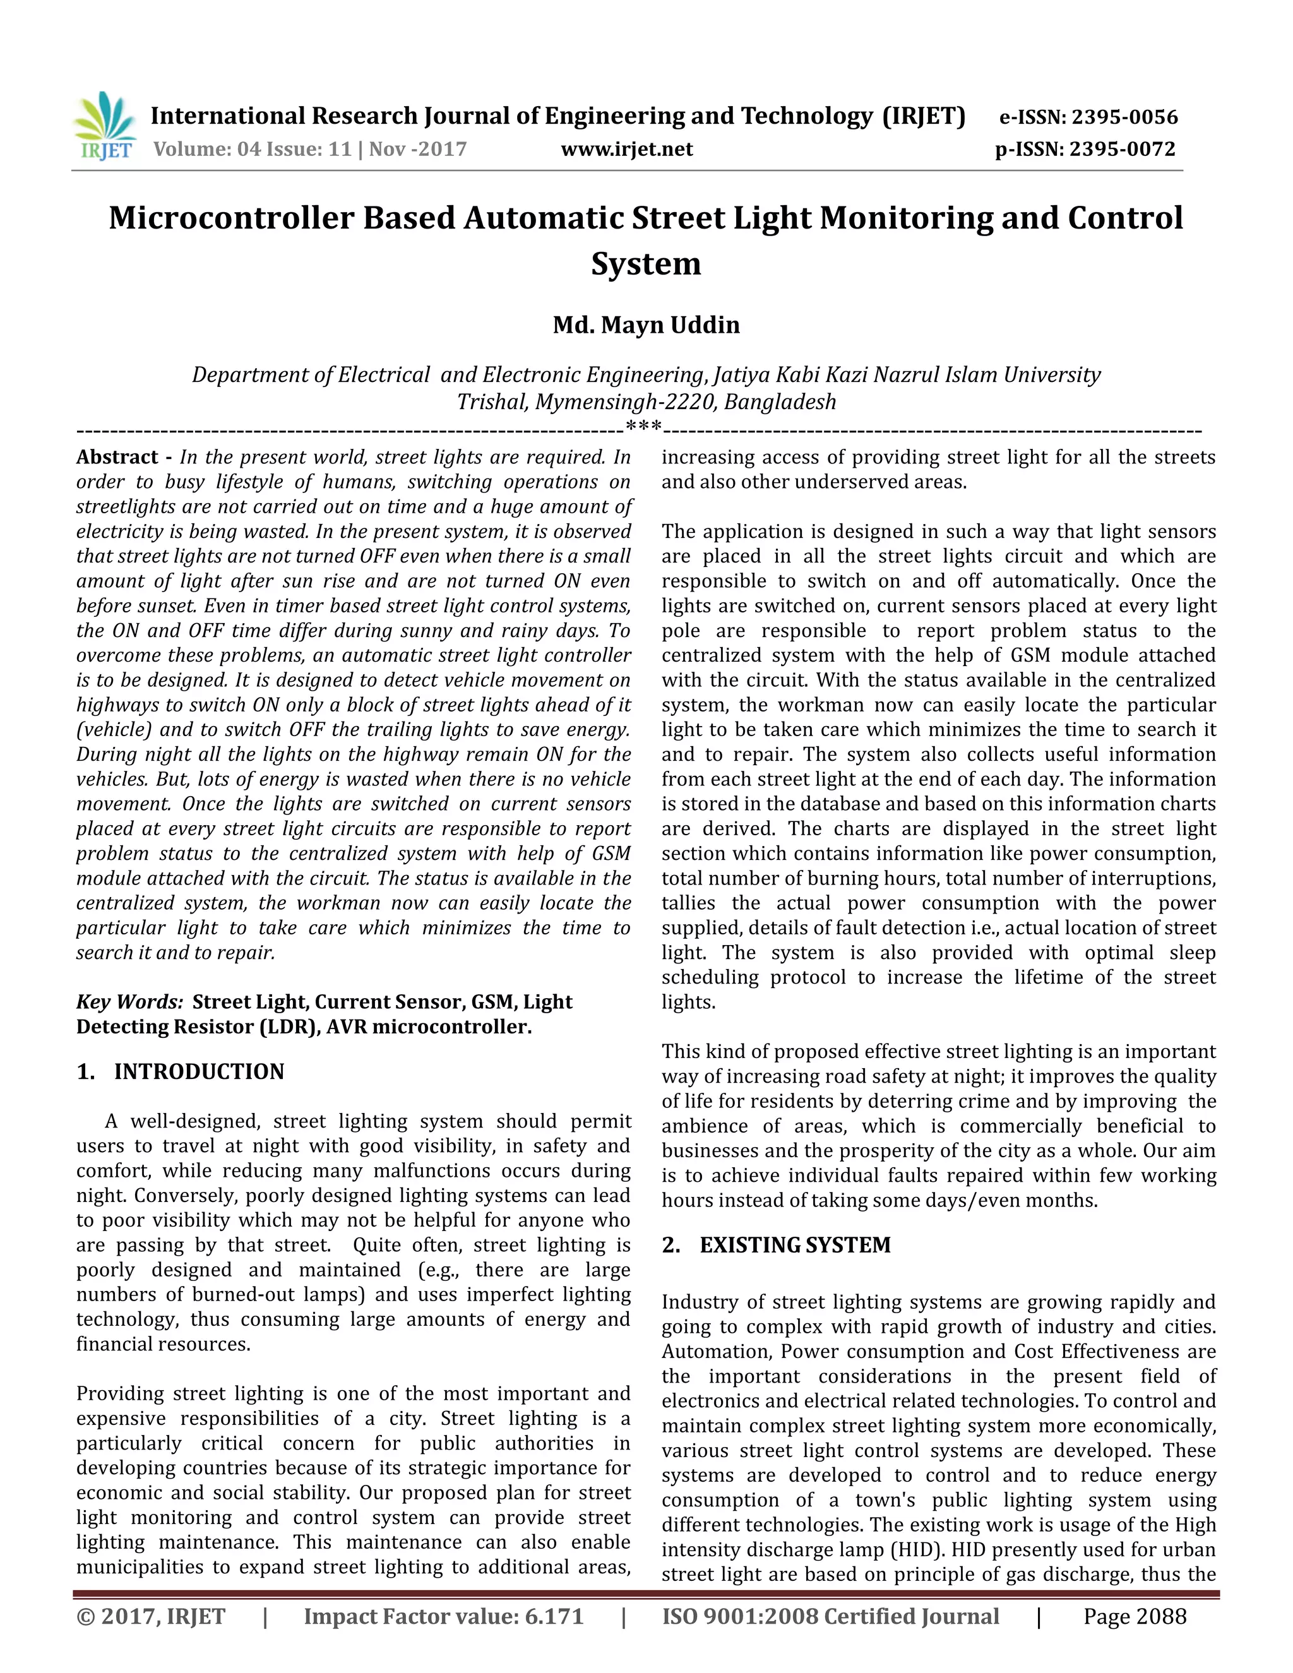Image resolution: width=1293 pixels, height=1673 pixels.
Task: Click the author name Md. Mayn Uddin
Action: click(646, 324)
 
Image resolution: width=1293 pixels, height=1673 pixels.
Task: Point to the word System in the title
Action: click(646, 263)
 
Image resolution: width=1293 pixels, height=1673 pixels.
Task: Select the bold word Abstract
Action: click(117, 457)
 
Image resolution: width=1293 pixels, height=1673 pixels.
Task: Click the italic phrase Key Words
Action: click(129, 1002)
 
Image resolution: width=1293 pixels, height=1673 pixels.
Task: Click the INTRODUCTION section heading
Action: click(199, 1072)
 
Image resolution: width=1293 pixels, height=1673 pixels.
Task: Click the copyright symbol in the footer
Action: click(86, 1616)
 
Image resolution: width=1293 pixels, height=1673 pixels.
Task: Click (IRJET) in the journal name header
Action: click(924, 116)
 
